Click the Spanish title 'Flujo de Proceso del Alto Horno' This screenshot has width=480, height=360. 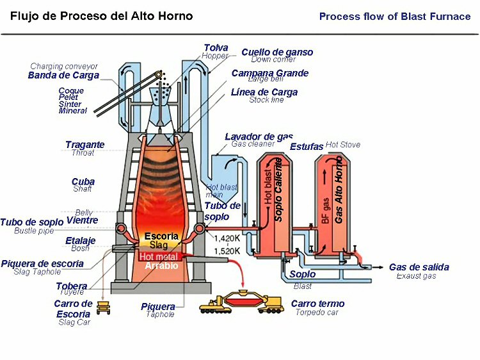coord(101,16)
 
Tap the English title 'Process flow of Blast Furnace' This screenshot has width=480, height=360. coord(395,17)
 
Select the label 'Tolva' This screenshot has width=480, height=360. coord(216,47)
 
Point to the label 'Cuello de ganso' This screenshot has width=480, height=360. coord(273,52)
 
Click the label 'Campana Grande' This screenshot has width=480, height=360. coord(269,73)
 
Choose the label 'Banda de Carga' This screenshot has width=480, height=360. coord(63,75)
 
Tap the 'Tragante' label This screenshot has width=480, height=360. coord(84,145)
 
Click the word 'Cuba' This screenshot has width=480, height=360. coord(83,182)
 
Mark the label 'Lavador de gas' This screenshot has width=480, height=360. coord(259,136)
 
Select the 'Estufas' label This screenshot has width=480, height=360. coord(307,147)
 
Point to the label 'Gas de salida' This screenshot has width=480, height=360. coord(419,267)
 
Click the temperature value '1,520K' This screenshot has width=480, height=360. coord(227,250)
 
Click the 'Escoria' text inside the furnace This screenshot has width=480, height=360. coord(161,236)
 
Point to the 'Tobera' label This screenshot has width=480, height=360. coord(72,286)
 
